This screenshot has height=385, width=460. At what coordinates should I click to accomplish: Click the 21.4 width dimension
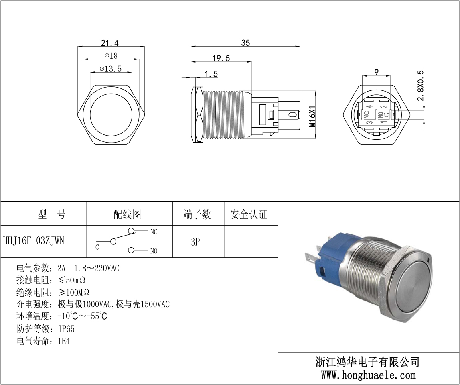click(110, 43)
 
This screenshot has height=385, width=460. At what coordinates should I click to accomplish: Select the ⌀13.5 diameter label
click(111, 69)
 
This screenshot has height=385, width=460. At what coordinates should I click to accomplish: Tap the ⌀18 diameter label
click(111, 55)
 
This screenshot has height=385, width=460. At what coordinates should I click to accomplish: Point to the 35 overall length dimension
click(245, 43)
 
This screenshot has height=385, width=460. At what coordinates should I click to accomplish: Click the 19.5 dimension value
click(221, 58)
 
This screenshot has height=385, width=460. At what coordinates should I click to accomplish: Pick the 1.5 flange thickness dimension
click(211, 74)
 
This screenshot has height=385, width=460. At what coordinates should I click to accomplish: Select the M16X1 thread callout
click(312, 116)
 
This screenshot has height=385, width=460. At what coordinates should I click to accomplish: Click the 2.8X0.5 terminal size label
click(421, 85)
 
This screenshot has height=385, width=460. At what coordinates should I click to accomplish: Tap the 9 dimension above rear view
click(376, 72)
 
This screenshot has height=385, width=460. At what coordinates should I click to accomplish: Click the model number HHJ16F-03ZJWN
click(34, 241)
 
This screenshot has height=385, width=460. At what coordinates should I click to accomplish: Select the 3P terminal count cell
click(195, 242)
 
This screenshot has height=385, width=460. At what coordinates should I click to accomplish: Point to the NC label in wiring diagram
click(154, 232)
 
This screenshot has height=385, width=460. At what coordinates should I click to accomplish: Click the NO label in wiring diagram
click(154, 251)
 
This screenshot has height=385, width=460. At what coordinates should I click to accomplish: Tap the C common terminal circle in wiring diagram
click(113, 242)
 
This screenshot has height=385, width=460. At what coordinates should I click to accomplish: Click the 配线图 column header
click(127, 214)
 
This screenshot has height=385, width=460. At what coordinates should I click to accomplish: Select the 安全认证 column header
click(249, 214)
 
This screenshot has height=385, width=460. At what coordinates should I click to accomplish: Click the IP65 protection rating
click(67, 329)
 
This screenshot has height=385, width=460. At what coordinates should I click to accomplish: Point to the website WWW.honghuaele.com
click(368, 375)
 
